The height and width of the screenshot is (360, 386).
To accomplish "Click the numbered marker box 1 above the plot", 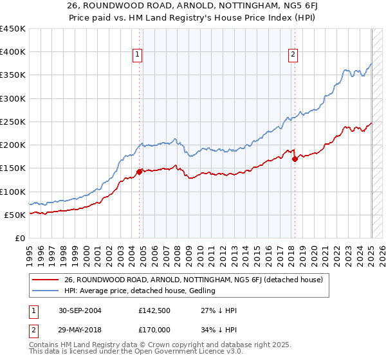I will (138, 55).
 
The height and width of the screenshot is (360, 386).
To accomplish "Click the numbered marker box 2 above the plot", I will (293, 55).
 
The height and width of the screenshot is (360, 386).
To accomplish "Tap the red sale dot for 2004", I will (140, 172).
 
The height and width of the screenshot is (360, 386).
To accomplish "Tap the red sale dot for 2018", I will (295, 159).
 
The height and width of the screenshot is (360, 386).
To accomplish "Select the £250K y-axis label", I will (13, 122).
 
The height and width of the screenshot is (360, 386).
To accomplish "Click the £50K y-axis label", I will (15, 215).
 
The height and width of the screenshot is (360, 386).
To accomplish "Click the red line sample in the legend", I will (46, 280).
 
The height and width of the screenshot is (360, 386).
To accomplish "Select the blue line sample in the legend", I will (46, 291).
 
